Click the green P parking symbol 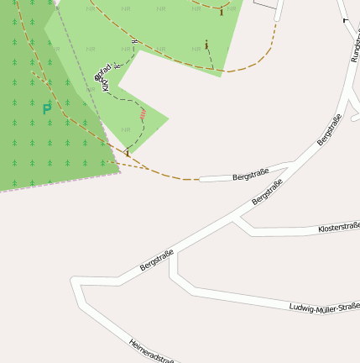[x=46, y=108]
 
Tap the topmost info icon [x=222, y=11]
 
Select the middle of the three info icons [x=206, y=45]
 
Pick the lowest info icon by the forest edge [x=128, y=151]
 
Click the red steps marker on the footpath [x=143, y=113]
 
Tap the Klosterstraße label [x=338, y=227]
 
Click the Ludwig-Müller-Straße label [x=324, y=308]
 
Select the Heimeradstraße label [x=152, y=350]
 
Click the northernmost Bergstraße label [x=330, y=129]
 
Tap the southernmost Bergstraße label [x=157, y=260]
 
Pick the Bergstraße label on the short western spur [x=250, y=174]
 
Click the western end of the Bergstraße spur [x=201, y=179]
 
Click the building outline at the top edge [x=264, y=3]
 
